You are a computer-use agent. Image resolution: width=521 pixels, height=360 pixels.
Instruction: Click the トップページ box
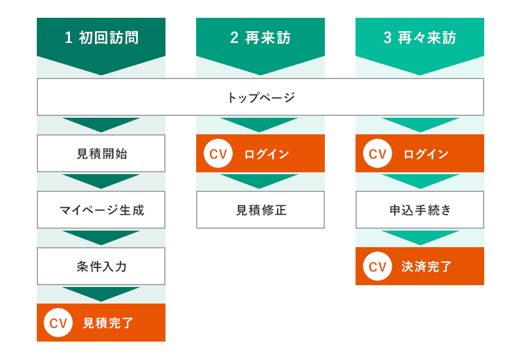click(x=260, y=97)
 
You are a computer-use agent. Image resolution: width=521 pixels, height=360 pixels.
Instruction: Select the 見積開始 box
click(x=101, y=153)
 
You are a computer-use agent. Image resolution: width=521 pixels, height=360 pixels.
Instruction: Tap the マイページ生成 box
click(x=101, y=210)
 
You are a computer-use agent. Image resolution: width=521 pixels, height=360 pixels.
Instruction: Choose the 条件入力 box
click(x=101, y=266)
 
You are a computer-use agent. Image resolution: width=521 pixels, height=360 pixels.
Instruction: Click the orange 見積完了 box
click(x=101, y=323)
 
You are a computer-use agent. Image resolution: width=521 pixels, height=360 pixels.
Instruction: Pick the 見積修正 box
click(x=260, y=210)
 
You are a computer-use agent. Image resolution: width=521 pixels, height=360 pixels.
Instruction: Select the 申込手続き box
click(x=420, y=210)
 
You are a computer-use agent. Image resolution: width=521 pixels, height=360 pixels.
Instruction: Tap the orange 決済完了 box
click(x=420, y=266)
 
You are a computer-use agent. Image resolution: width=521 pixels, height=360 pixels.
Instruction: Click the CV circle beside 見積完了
click(x=58, y=323)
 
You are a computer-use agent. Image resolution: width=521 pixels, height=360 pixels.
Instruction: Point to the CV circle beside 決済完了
click(x=378, y=266)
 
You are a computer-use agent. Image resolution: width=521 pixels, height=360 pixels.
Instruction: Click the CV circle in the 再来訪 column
click(x=218, y=153)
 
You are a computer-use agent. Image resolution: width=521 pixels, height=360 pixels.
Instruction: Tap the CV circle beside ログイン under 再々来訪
click(x=378, y=153)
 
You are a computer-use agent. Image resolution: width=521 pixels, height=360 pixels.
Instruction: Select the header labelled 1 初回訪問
click(x=101, y=42)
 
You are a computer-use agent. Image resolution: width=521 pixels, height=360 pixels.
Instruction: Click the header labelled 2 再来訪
click(x=260, y=42)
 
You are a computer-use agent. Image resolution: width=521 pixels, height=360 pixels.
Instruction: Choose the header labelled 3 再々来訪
click(x=420, y=42)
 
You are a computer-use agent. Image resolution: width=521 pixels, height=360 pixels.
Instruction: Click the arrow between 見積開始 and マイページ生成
click(x=101, y=180)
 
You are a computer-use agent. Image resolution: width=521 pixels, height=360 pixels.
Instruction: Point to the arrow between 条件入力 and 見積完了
click(x=101, y=293)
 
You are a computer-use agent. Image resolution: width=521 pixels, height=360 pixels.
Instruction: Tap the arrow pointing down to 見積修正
click(x=259, y=180)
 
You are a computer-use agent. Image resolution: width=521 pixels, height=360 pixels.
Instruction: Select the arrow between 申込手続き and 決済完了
click(x=420, y=237)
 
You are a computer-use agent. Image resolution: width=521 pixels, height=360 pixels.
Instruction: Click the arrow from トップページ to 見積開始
click(x=101, y=124)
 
